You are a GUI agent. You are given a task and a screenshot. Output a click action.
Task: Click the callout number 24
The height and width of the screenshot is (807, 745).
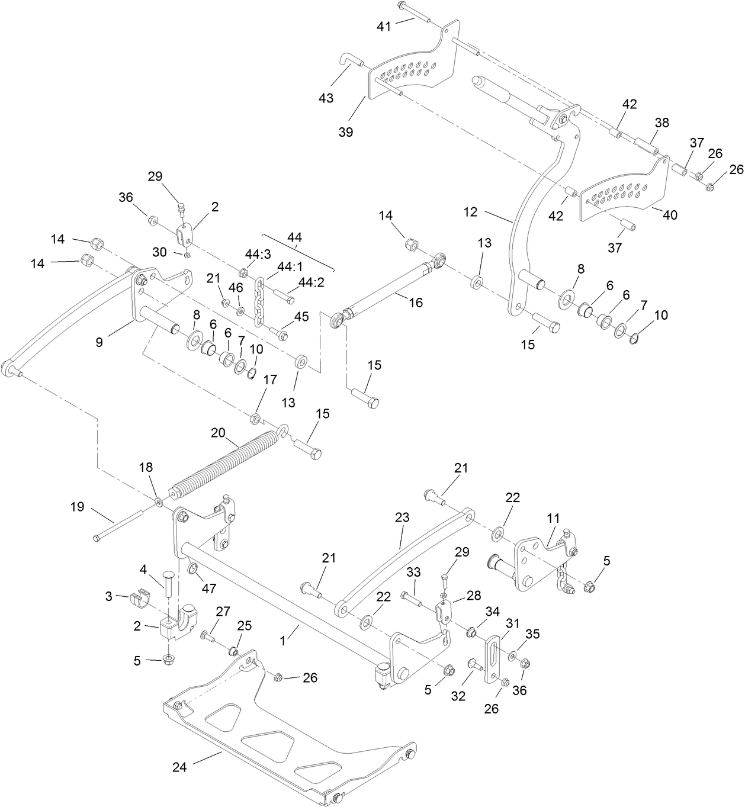[x=179, y=767]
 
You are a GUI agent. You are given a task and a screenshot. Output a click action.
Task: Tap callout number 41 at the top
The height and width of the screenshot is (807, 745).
[x=384, y=26]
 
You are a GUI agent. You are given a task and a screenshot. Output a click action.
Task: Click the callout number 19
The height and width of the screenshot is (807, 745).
[x=77, y=507]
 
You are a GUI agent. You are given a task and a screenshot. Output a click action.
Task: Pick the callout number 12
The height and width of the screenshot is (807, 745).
[x=470, y=212]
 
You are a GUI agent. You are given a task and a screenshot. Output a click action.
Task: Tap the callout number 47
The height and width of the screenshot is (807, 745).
[x=209, y=589]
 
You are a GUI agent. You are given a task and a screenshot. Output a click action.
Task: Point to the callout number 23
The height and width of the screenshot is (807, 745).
[x=402, y=517]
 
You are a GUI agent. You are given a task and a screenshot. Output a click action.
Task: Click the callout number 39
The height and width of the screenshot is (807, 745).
[x=346, y=132]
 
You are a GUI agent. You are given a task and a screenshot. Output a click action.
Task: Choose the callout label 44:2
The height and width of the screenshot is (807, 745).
[x=311, y=283]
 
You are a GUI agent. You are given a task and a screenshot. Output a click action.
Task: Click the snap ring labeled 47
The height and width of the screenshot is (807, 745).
[x=192, y=570]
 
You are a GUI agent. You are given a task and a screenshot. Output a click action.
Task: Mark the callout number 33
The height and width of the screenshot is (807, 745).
[x=414, y=573]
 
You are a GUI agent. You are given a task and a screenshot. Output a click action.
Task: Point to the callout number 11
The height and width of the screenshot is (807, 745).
[x=553, y=517]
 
